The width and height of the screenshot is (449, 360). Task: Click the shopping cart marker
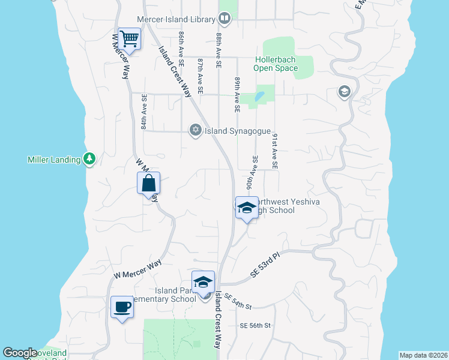(x=129, y=40)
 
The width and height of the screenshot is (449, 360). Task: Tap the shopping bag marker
(x=148, y=184)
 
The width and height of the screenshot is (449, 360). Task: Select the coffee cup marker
(x=122, y=308)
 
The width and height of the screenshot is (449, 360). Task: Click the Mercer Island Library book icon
(x=224, y=19)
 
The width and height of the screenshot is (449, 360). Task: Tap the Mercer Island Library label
(x=176, y=19)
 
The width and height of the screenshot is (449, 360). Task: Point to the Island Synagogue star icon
(x=195, y=130)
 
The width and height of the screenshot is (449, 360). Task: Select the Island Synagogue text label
(x=238, y=131)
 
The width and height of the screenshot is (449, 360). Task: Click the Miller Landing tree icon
(x=89, y=159)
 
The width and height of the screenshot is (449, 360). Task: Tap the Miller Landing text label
(x=54, y=160)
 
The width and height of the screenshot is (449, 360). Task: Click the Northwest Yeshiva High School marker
(x=246, y=208)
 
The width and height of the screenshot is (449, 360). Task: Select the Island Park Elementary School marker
(x=203, y=282)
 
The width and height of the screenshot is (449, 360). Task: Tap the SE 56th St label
(x=256, y=325)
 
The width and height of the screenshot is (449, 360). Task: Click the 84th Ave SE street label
(x=144, y=112)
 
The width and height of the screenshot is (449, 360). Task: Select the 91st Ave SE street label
(x=274, y=151)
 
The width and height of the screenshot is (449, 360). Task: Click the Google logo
(x=20, y=353)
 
